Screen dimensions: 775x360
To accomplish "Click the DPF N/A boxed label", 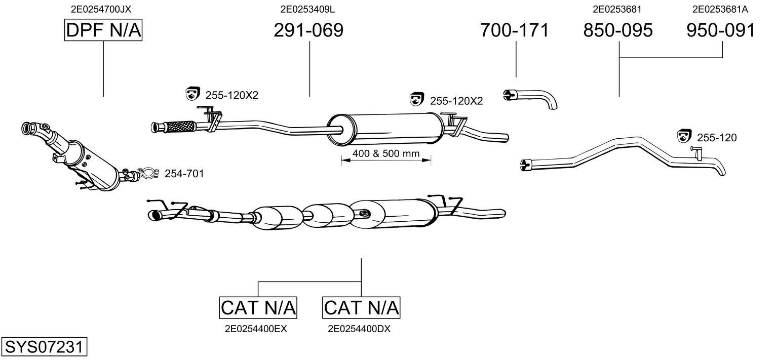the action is (x=103, y=30).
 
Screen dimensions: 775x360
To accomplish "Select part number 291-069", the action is (x=308, y=30).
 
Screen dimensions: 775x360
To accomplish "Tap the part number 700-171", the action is (x=515, y=30).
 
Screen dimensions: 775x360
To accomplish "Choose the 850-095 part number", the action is (x=618, y=30).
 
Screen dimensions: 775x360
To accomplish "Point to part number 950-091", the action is (x=721, y=30).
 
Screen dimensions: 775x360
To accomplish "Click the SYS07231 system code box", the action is (x=44, y=346).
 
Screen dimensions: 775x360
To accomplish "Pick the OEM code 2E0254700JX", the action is (x=101, y=9).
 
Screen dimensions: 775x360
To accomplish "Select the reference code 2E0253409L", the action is (x=307, y=9).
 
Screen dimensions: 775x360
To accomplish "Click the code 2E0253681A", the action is (x=720, y=9).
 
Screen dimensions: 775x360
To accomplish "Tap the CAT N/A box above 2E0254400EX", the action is (x=258, y=307).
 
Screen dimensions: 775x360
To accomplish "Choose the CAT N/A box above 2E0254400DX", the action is (x=361, y=307).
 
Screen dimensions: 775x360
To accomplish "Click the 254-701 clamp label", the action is (x=184, y=174).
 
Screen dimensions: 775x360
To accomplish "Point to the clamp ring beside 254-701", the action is (x=148, y=174).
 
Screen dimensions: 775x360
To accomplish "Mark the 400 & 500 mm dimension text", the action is (x=386, y=153).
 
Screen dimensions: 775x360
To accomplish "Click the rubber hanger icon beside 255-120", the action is (x=684, y=136).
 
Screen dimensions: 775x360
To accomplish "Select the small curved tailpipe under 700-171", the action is (x=530, y=99).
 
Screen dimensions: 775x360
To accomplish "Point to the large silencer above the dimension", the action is (x=385, y=129).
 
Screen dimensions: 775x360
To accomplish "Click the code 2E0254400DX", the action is (x=359, y=329).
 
